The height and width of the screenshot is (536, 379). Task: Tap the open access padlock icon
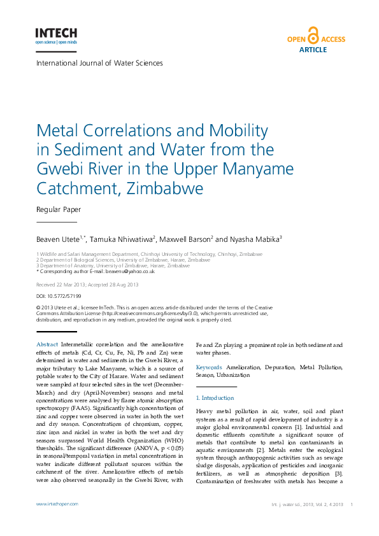point(312,35)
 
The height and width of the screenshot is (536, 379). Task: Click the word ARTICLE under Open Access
point(313,49)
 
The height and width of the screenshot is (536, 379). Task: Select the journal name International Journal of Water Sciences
point(99,63)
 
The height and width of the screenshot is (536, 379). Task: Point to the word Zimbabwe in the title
point(165,189)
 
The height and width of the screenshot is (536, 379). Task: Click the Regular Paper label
point(59,209)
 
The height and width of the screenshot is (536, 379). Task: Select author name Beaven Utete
point(61,239)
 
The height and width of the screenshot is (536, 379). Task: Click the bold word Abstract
point(48,344)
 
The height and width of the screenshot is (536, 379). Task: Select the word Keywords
point(209,367)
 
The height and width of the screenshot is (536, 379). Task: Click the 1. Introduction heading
point(216,397)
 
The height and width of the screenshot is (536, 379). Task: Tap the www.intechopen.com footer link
point(57,504)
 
